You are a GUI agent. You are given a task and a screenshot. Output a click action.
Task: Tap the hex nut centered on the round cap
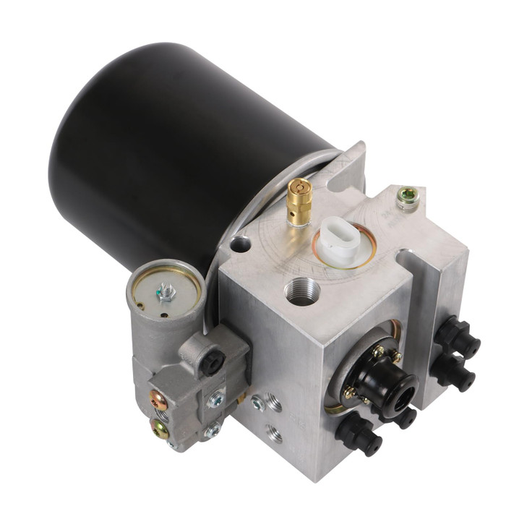tap(165, 293)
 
